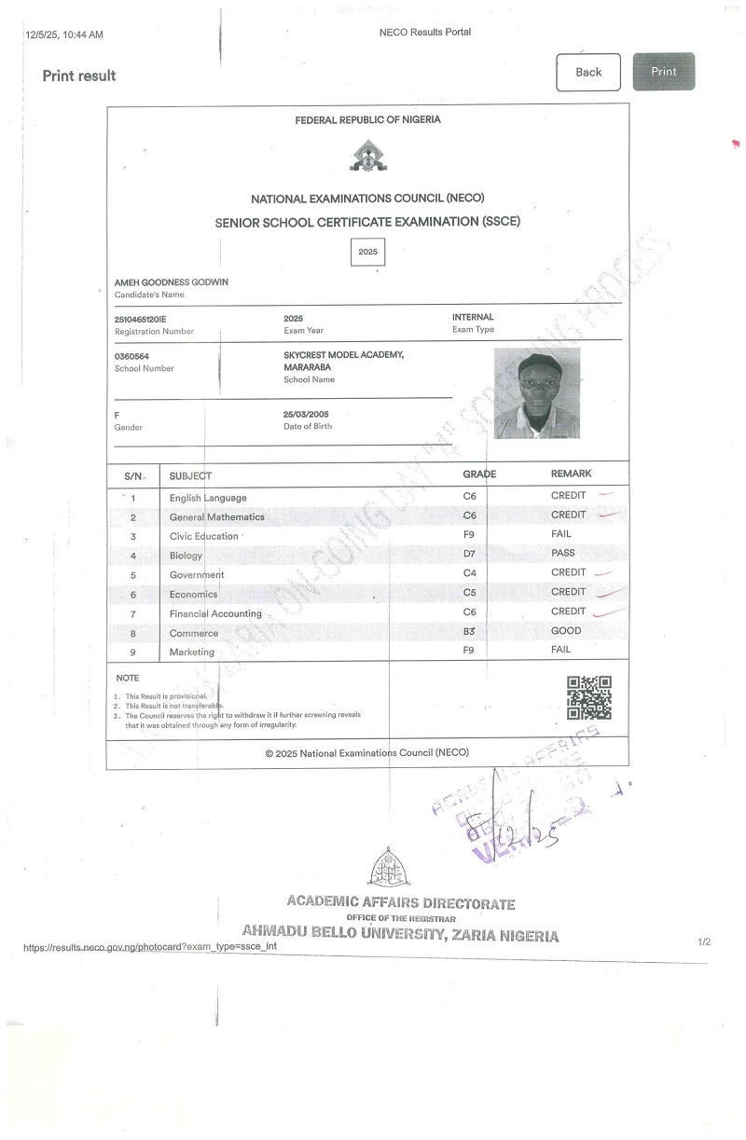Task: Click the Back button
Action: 588,72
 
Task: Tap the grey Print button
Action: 663,72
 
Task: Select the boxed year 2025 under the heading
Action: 367,253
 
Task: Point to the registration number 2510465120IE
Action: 140,319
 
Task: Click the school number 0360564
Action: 131,356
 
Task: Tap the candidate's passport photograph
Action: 536,393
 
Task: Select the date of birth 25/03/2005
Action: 306,414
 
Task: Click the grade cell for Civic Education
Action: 469,535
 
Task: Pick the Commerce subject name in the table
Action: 193,633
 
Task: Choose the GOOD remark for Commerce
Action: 566,630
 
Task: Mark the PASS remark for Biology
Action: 563,553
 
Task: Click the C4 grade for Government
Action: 469,573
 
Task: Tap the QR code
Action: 589,697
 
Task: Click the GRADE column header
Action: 479,474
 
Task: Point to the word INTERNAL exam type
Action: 473,317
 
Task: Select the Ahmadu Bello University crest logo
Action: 388,869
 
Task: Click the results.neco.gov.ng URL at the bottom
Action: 150,946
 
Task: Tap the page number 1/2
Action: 704,942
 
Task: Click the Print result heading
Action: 79,76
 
